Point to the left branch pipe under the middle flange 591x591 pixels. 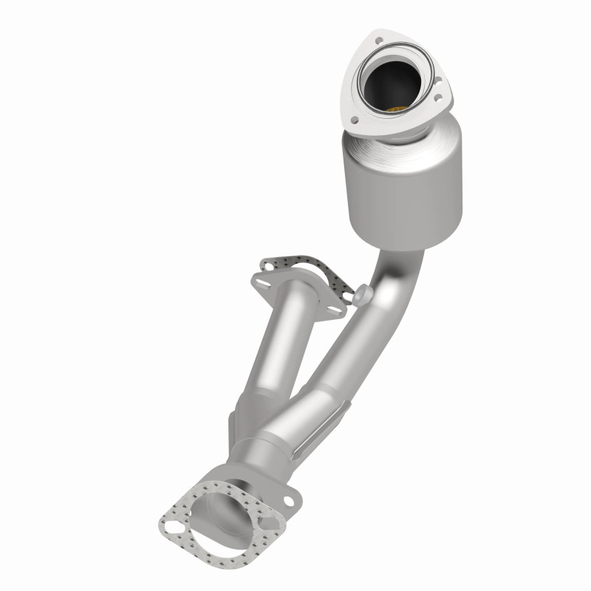pos(277,347)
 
